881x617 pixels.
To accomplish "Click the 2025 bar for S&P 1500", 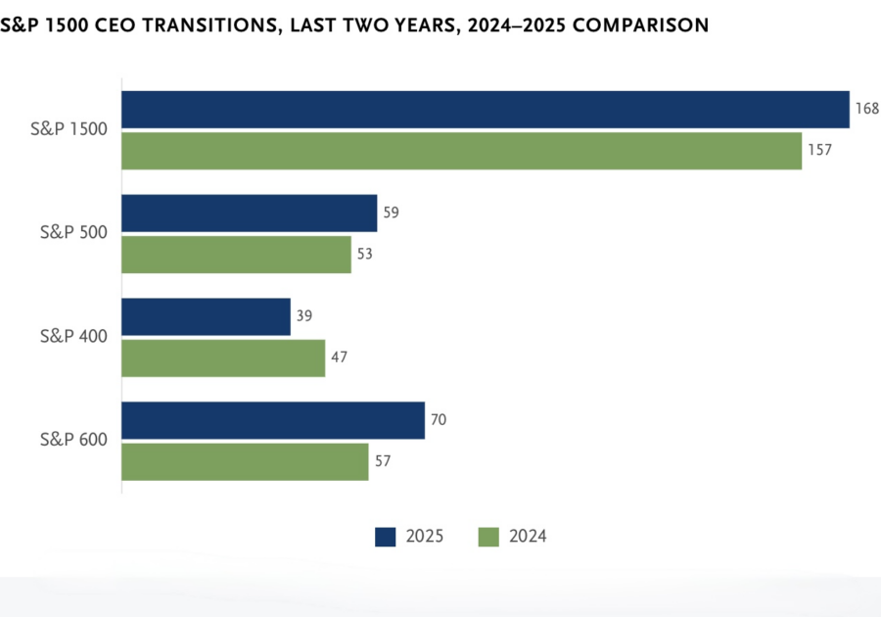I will (485, 110).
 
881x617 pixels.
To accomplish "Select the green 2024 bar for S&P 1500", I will (461, 151).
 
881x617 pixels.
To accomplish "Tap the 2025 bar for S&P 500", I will (249, 213).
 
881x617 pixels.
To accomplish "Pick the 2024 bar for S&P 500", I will (236, 254).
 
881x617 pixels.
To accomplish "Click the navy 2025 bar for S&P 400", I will (206, 316).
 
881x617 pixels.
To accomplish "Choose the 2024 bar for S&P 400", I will (223, 357).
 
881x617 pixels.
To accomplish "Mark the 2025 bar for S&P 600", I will (273, 420).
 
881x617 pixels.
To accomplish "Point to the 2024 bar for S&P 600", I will (245, 461).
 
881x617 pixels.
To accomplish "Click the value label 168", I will (866, 109).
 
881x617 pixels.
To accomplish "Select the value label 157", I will (819, 150).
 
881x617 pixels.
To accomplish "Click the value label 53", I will (364, 254).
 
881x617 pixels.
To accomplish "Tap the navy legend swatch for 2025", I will (386, 536).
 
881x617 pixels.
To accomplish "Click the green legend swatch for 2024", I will (488, 536).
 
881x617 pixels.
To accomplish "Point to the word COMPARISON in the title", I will (640, 25).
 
